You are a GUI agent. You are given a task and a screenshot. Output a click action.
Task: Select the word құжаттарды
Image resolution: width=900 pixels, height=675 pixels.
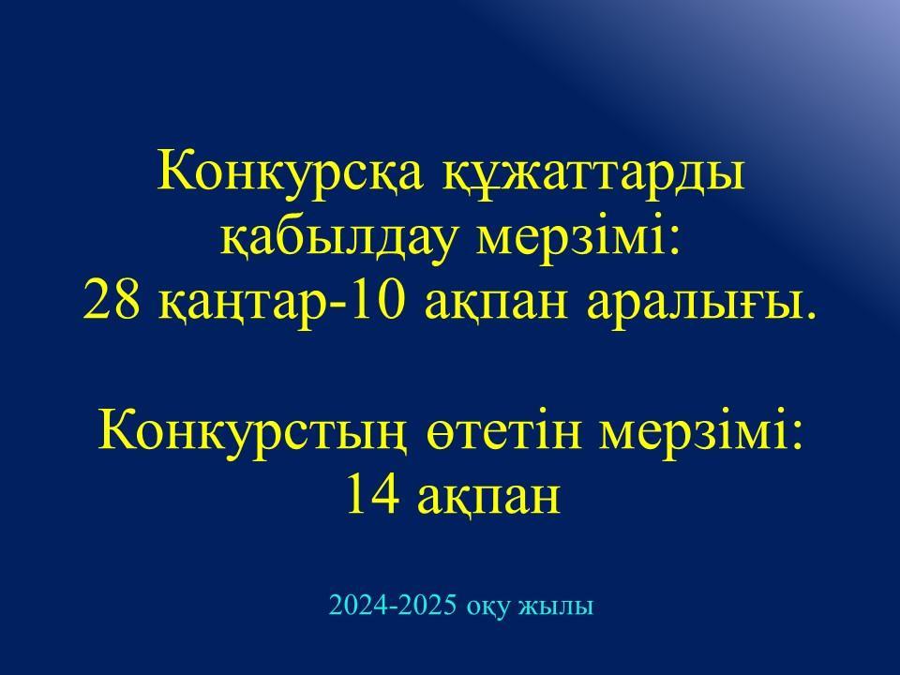594,173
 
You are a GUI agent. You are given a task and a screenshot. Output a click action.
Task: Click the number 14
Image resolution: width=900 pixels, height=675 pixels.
372,494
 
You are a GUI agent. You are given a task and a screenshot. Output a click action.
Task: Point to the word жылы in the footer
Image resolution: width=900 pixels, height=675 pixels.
556,607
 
